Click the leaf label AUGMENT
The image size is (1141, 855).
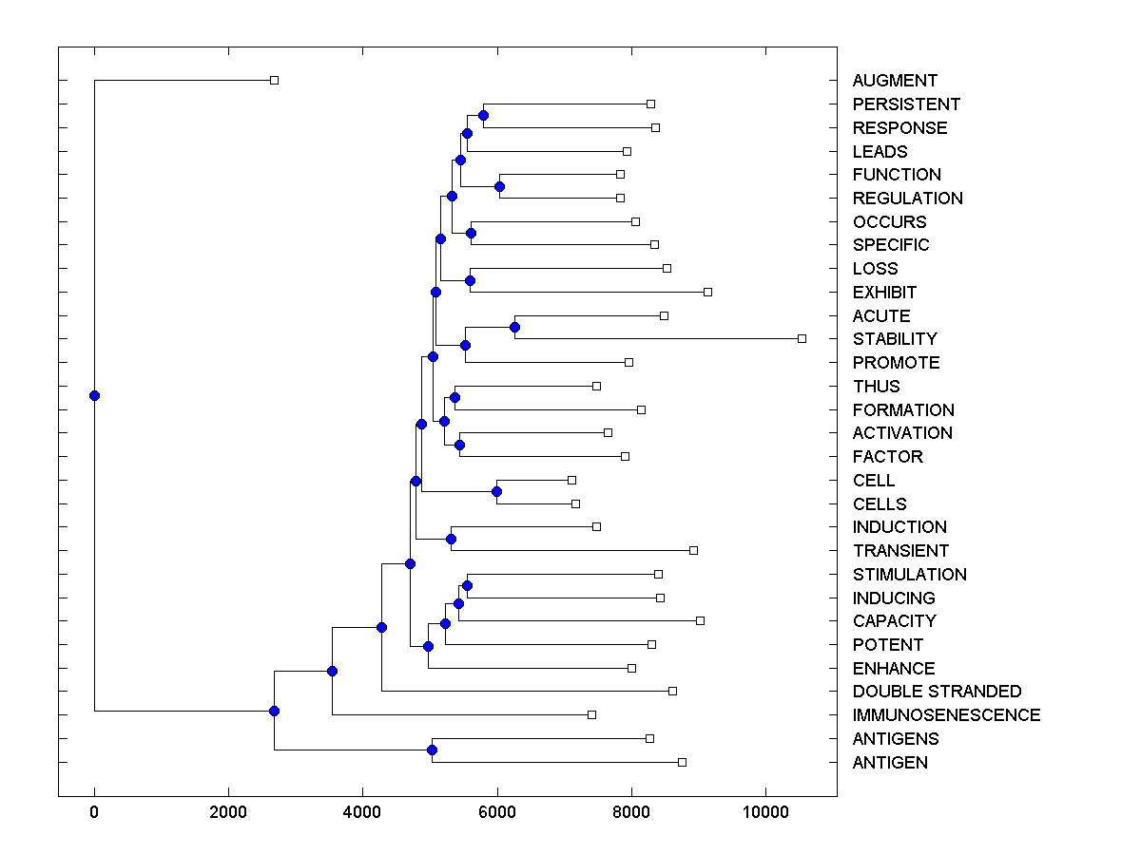[895, 81]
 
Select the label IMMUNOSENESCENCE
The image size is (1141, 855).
[946, 715]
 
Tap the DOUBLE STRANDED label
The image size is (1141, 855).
[937, 692]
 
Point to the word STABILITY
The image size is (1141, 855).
[895, 339]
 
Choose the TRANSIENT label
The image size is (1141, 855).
[900, 551]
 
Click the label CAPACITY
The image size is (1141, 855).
[894, 621]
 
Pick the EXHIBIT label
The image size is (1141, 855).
[884, 293]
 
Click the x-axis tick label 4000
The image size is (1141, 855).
[362, 811]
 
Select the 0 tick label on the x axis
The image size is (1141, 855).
[94, 811]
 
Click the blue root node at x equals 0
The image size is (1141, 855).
[94, 395]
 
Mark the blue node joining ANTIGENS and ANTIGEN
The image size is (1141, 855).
[432, 750]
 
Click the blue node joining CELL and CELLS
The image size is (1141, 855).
[496, 491]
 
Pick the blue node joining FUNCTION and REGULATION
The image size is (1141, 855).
[499, 186]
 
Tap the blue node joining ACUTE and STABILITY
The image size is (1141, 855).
[514, 328]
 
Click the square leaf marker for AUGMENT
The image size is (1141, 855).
[274, 80]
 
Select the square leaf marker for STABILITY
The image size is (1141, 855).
[802, 338]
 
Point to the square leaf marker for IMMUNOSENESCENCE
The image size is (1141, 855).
[591, 714]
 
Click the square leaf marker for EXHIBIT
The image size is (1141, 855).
[707, 292]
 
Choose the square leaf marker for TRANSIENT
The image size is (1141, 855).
[693, 550]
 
